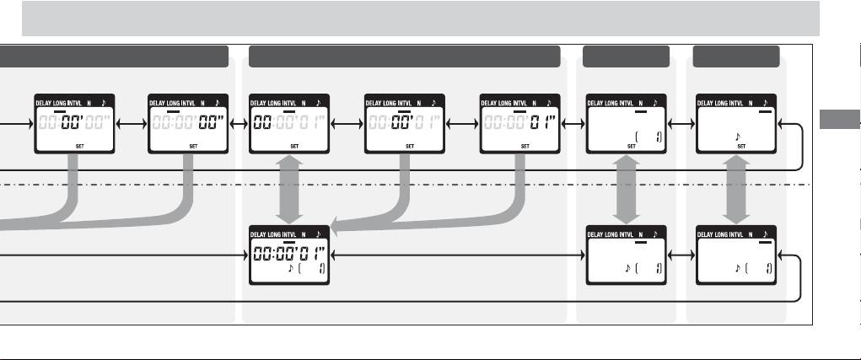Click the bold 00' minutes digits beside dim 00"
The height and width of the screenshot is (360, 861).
[70, 123]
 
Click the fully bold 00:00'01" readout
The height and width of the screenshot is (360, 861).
[288, 252]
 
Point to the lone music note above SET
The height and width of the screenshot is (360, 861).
[737, 134]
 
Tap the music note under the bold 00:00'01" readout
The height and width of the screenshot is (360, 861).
[291, 270]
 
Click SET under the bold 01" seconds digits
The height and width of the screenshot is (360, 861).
[524, 146]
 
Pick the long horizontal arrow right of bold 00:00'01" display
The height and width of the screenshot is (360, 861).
[455, 253]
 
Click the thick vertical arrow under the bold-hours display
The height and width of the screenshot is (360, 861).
[288, 191]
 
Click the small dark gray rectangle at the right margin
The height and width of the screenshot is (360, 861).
[838, 120]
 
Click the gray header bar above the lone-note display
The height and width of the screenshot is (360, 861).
[735, 56]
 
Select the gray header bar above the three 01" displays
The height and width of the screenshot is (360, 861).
[405, 56]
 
